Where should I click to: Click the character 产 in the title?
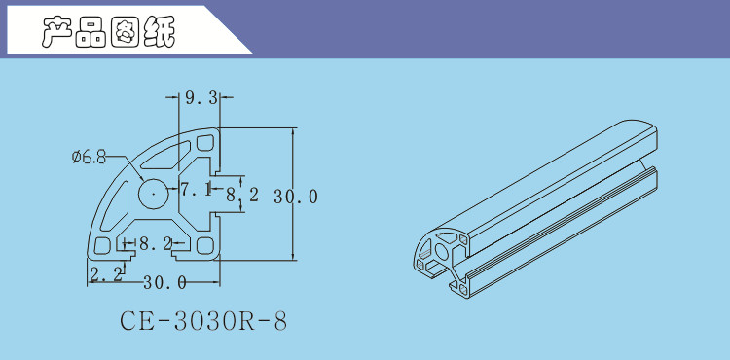57,32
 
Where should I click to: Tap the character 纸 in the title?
160,32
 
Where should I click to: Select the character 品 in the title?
91,32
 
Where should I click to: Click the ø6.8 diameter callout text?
89,157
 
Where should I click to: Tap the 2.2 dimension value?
106,274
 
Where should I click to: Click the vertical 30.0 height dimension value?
296,197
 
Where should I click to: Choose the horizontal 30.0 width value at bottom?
164,282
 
